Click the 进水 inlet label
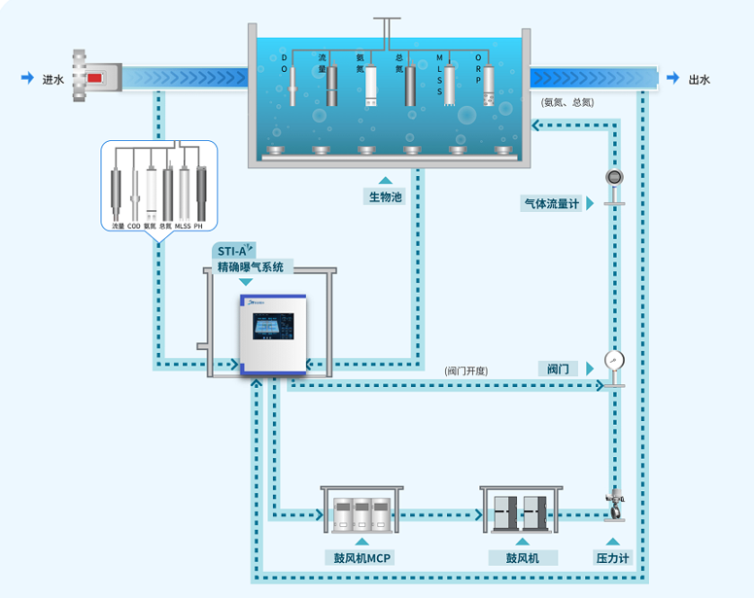pyautogui.click(x=52, y=80)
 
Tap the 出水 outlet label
pyautogui.click(x=699, y=80)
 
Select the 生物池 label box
pyautogui.click(x=385, y=196)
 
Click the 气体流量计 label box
pyautogui.click(x=551, y=203)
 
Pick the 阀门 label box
pyautogui.click(x=559, y=369)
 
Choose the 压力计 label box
pyautogui.click(x=612, y=557)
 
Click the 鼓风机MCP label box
pyautogui.click(x=362, y=557)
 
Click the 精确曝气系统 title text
pyautogui.click(x=250, y=266)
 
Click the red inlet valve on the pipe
pyautogui.click(x=95, y=77)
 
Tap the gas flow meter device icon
pyautogui.click(x=613, y=178)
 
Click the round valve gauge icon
pyautogui.click(x=613, y=361)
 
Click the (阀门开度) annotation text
pyautogui.click(x=466, y=370)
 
